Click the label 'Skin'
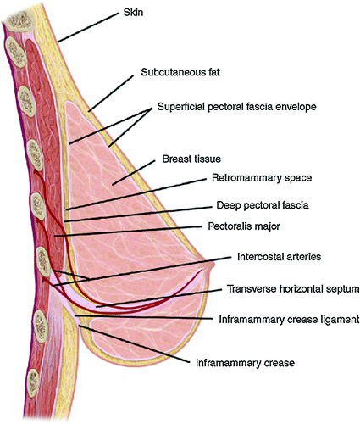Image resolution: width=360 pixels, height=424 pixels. coord(133,13)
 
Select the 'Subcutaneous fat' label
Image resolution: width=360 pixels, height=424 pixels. coord(180,72)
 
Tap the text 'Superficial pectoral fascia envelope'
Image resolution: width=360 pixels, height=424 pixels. coord(237,107)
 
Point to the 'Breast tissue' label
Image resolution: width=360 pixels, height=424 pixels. coord(191,159)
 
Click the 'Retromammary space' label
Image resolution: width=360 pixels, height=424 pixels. coord(262,178)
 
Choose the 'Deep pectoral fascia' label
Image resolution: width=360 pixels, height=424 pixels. coord(263,205)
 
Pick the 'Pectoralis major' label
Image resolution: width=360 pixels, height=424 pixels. coord(244,226)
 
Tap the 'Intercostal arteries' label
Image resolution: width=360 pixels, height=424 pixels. coord(279,257)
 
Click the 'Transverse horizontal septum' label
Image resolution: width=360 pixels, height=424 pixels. coord(293,289)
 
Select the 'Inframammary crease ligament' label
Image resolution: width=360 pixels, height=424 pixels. coord(289,320)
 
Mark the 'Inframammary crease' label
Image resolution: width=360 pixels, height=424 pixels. coord(245,363)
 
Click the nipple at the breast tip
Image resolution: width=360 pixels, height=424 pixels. coord(211,265)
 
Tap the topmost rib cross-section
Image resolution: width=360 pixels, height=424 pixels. coord(20,22)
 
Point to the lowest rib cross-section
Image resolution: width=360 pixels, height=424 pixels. coord(33,382)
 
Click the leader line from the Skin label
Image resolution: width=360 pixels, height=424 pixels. coord(88,27)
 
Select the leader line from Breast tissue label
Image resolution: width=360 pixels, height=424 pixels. coord(134,173)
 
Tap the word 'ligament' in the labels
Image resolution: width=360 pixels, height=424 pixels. coord(340,320)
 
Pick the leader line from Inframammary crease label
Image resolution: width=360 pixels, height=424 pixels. coord(134,344)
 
